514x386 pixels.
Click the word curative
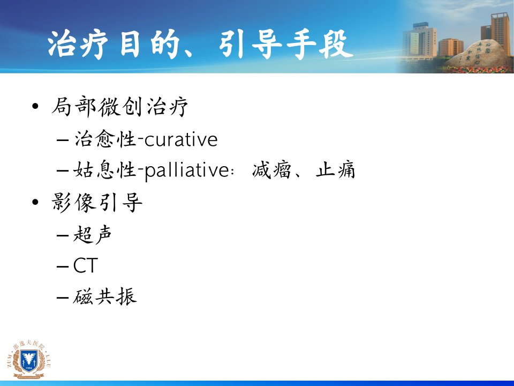click(x=180, y=139)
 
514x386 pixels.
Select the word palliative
click(x=186, y=170)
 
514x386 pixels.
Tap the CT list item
click(x=86, y=265)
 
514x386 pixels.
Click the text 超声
click(x=93, y=234)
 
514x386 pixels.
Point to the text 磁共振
click(x=105, y=296)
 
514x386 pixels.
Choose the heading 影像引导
click(x=97, y=202)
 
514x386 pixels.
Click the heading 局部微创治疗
click(x=120, y=107)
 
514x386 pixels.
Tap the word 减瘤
click(x=271, y=170)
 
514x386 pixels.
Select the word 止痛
click(x=335, y=170)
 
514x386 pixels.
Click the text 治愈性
click(x=105, y=139)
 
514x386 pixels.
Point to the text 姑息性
click(x=105, y=170)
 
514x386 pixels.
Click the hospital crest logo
click(x=29, y=359)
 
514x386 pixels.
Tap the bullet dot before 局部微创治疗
click(x=35, y=106)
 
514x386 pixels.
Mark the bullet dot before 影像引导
click(x=35, y=202)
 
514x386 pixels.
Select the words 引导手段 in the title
click(x=285, y=45)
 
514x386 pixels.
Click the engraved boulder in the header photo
click(x=479, y=55)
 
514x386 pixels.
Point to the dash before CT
click(x=62, y=266)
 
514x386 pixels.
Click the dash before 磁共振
click(x=62, y=297)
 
